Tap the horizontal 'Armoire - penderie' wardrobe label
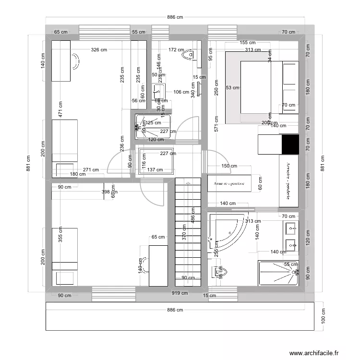tap(229, 184)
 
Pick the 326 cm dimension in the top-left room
tap(99, 49)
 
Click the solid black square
tap(290, 144)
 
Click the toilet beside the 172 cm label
tap(189, 55)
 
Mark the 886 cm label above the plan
tap(175, 17)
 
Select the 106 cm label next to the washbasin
tap(180, 92)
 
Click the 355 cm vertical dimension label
tap(60, 235)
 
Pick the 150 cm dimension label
tap(229, 166)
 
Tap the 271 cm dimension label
tap(91, 169)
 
